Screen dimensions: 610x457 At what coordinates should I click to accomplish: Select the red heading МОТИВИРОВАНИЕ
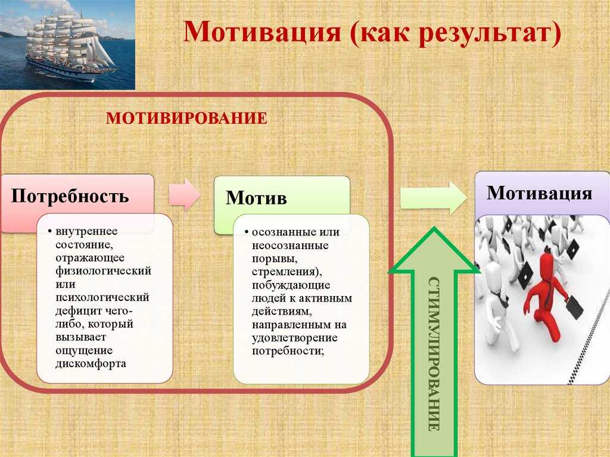186,119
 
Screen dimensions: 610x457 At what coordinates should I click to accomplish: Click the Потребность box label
70,196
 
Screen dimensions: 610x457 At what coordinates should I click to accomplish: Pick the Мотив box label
256,198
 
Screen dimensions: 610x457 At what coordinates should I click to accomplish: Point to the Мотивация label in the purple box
540,193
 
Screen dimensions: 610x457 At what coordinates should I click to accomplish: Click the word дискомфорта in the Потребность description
91,363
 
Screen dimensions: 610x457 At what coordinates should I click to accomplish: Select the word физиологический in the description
103,271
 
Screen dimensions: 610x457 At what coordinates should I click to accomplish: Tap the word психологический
102,297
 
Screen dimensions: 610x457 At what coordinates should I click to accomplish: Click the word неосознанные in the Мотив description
290,245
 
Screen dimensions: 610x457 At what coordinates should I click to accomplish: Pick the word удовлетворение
294,338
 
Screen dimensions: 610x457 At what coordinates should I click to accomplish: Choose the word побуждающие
291,285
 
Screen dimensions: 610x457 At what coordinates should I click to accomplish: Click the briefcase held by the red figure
574,307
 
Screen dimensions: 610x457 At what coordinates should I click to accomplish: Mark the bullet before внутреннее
50,231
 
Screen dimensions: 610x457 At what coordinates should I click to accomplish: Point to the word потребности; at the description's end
288,351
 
